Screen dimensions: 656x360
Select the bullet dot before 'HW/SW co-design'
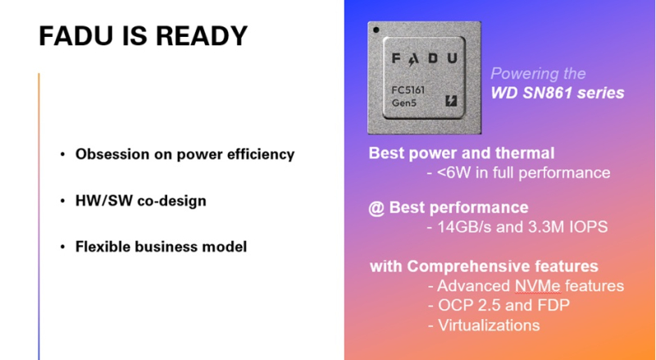(x=63, y=201)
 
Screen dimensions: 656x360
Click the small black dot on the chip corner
(x=376, y=30)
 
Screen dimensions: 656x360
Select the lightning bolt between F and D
(x=412, y=60)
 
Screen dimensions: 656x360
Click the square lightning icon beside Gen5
(x=450, y=101)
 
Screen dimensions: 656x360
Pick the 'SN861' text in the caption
(x=547, y=93)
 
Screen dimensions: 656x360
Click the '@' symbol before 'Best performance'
(x=376, y=208)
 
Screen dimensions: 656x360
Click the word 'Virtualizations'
(x=489, y=326)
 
